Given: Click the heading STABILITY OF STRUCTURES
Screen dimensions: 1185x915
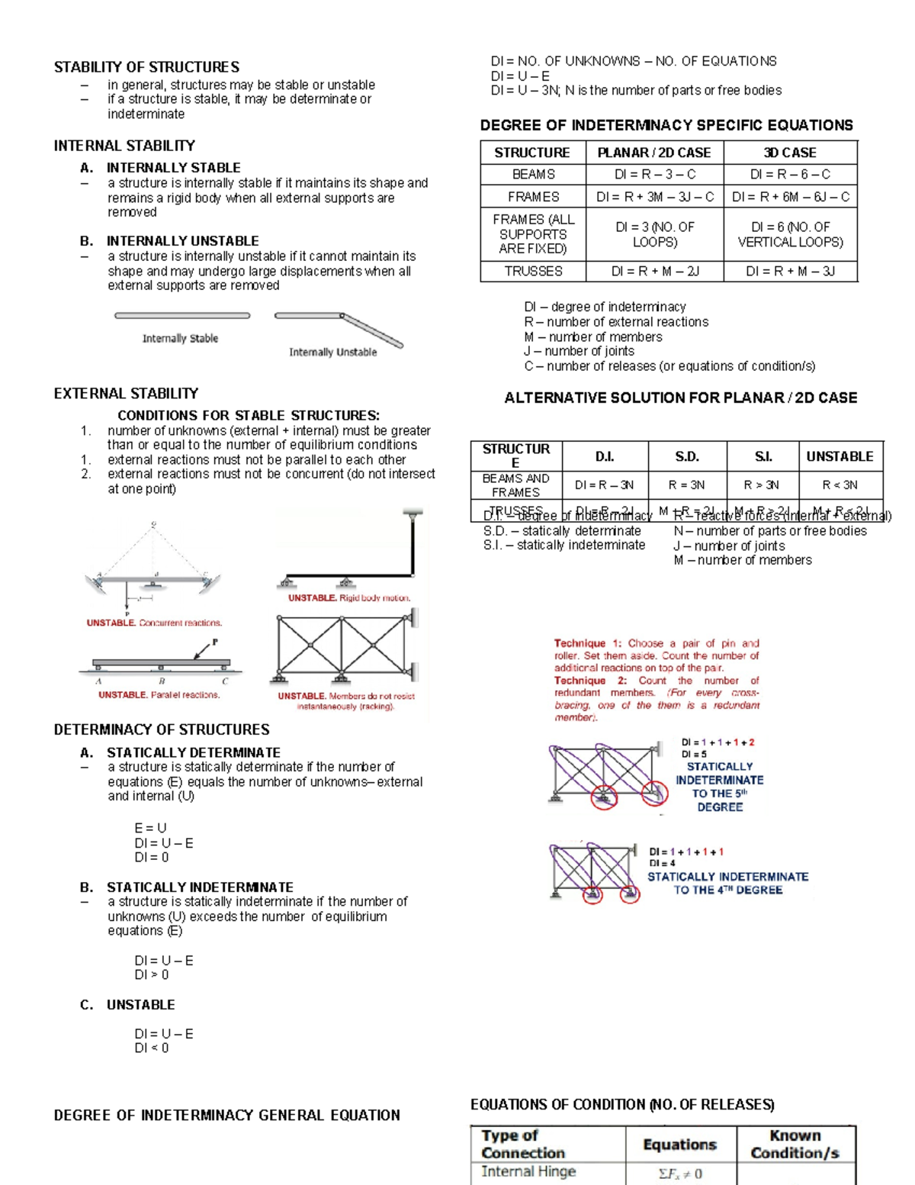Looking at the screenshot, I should pos(146,67).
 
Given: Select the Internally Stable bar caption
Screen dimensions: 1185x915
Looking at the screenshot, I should pos(180,338).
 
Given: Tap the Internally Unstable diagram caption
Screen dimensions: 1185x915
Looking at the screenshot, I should pos(332,352).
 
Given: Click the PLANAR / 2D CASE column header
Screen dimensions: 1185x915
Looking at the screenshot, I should pos(654,153).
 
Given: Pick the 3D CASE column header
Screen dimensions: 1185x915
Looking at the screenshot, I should pos(790,153).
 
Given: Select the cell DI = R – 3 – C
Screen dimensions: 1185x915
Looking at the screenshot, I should pos(654,175).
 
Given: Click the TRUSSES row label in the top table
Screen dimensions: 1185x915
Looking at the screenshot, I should pos(533,271).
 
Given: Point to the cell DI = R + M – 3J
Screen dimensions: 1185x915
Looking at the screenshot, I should pos(790,271).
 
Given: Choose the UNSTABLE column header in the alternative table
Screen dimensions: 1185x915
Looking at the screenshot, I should pos(840,456).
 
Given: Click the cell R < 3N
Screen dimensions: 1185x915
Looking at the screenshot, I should pos(840,485).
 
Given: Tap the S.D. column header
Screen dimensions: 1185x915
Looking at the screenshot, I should pos(686,456).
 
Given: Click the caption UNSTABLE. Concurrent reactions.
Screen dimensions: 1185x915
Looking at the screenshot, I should pos(154,623).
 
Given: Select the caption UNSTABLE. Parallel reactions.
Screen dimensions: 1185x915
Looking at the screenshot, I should pos(159,695).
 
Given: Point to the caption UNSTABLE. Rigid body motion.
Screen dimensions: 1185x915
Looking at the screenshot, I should pos(348,598).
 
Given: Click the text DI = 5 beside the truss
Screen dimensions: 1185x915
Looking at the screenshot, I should pos(694,754).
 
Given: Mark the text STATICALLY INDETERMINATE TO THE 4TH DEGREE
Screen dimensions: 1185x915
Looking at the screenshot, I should pos(727,884).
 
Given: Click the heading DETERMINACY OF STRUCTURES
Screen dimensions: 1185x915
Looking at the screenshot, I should pos(162,729).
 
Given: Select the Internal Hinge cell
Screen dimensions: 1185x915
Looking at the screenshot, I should pos(528,1171).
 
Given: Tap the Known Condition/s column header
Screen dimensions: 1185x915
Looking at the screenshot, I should pos(795,1144).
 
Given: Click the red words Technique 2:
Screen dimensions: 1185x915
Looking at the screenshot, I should pos(590,681).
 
